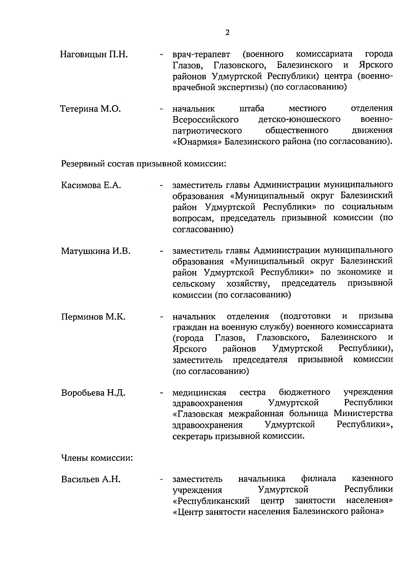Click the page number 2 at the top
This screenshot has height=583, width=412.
[227, 33]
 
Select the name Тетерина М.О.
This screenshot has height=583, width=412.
[91, 109]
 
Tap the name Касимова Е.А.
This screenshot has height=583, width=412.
[91, 186]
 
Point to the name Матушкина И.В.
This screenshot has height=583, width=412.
[95, 251]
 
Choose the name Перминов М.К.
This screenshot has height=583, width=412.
[93, 317]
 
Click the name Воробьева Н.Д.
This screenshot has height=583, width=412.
[93, 393]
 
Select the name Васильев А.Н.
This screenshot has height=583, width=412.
[91, 480]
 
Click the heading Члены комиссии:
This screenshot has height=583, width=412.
[97, 458]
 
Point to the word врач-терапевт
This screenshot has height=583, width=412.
[202, 55]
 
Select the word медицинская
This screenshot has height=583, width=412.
[199, 393]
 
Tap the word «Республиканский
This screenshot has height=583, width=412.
[211, 501]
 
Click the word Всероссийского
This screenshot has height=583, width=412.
[205, 120]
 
